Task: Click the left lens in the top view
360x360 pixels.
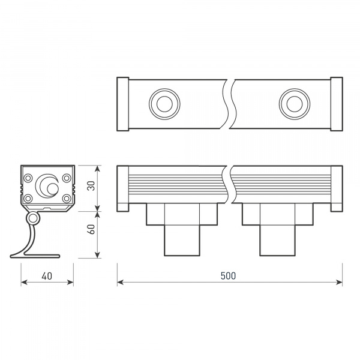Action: pos(163,103)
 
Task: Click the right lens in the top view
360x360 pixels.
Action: pos(293,103)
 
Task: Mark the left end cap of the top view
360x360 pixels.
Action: pos(122,103)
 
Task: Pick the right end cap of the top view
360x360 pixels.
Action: pos(336,103)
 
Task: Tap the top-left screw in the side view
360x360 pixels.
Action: pos(28,177)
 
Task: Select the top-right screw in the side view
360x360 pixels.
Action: pos(67,177)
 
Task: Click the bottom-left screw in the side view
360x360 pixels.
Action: pos(28,198)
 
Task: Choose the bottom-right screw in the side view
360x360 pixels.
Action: pos(67,198)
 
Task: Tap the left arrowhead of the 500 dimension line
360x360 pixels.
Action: pos(119,282)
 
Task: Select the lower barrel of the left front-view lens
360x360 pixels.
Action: pos(182,240)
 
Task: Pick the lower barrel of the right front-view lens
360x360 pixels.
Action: pos(277,240)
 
